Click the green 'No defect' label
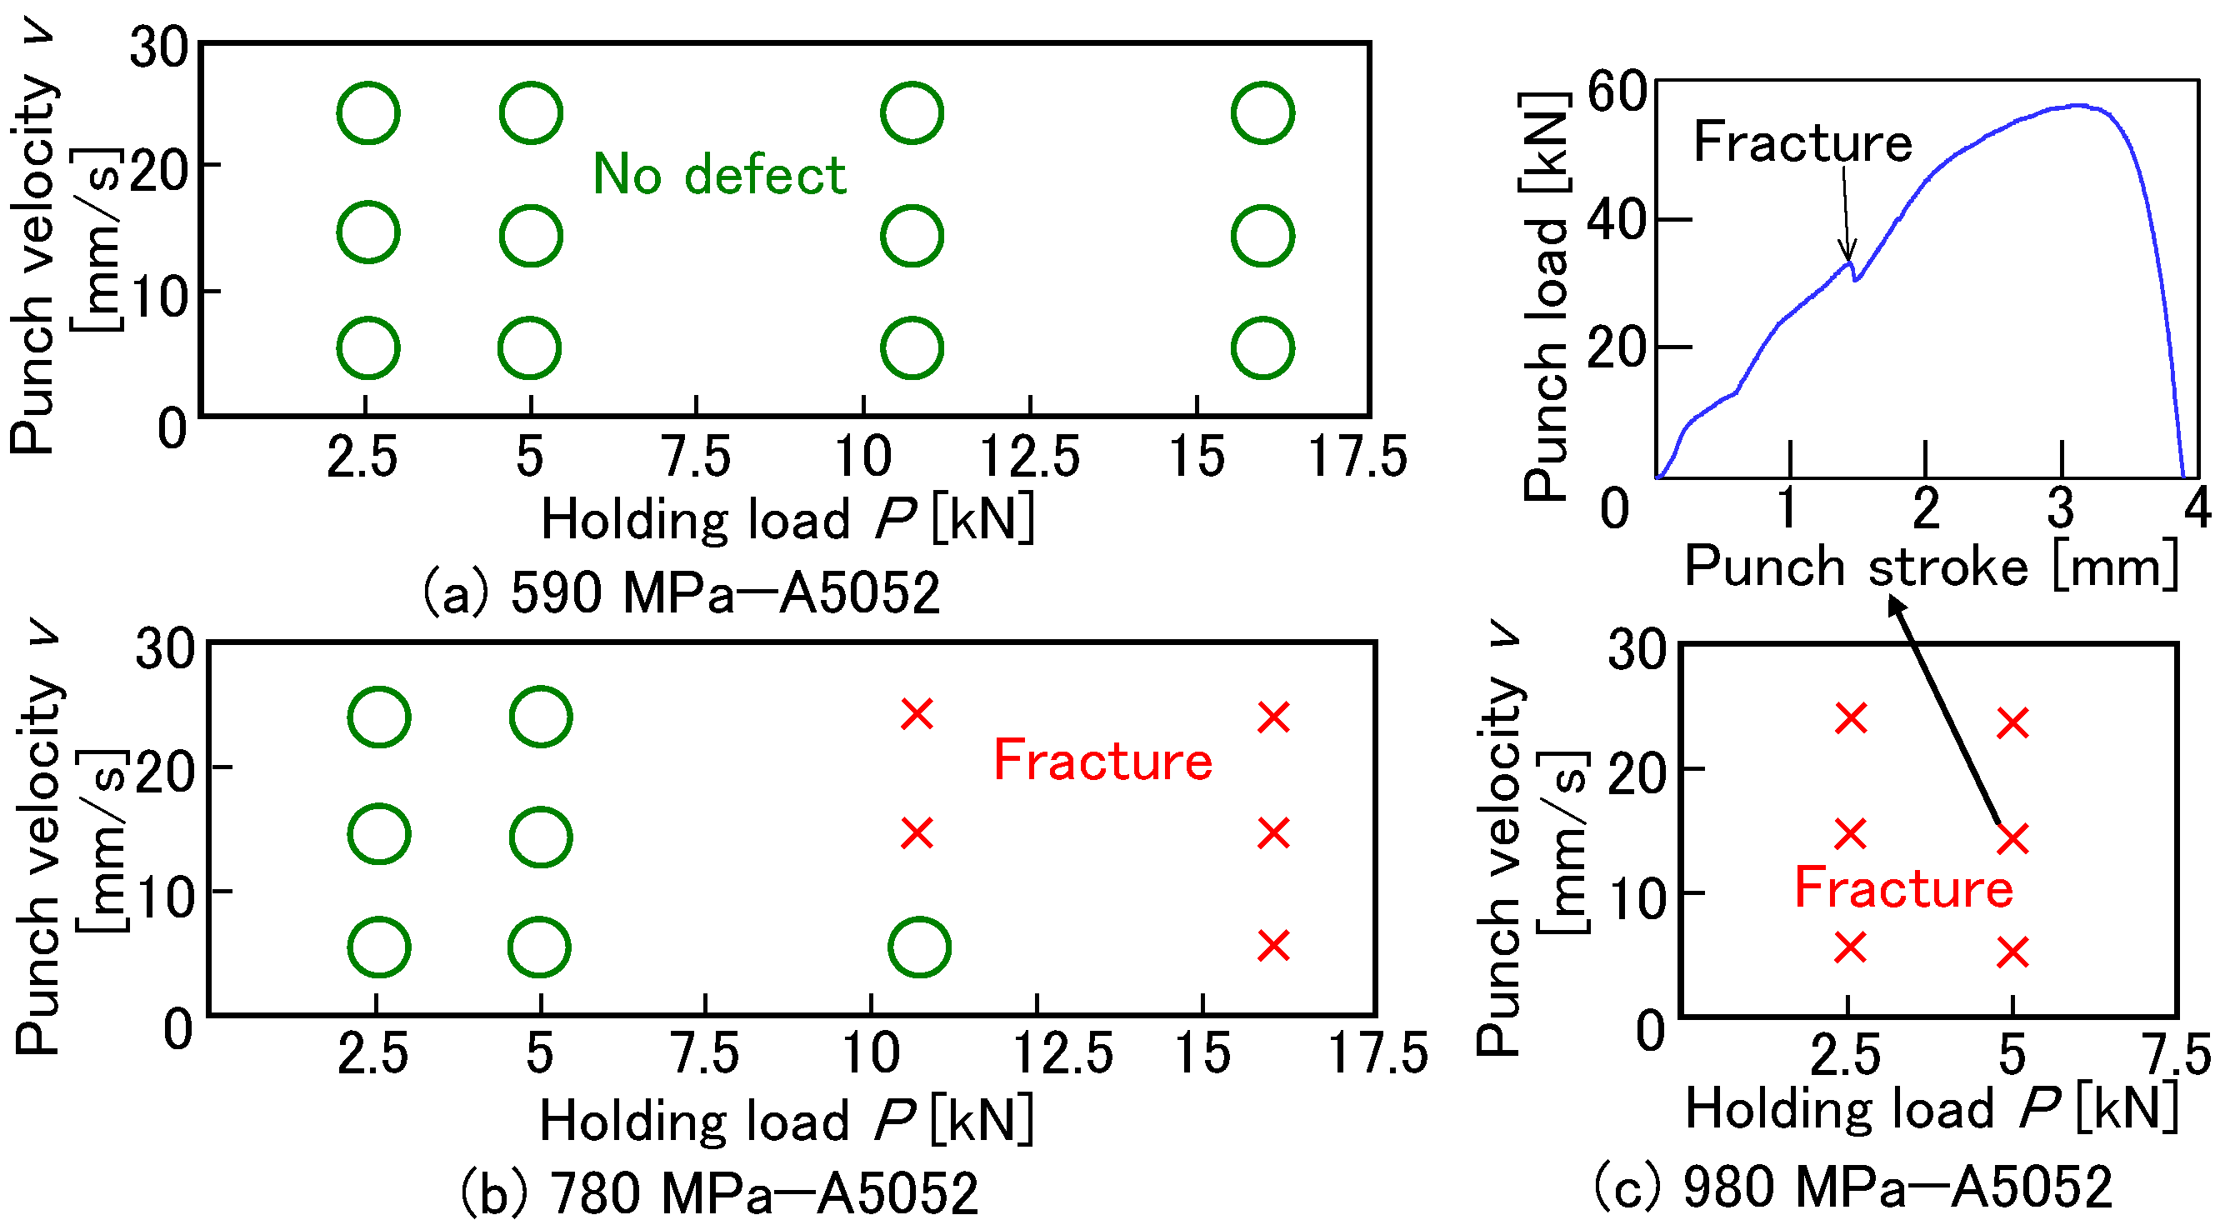(719, 175)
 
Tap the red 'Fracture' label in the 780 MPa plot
(1103, 761)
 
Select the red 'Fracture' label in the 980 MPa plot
(1904, 888)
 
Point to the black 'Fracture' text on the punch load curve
(1802, 142)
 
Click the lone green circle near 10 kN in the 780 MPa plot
(919, 947)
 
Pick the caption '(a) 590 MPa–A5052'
(681, 593)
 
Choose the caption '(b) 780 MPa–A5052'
(718, 1192)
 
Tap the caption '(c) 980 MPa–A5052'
(1852, 1186)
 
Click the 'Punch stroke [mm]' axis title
(1932, 567)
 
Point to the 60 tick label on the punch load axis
(1617, 92)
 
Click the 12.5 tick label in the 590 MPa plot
(1029, 457)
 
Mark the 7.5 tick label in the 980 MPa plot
(2177, 1055)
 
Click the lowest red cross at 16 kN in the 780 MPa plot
(1274, 946)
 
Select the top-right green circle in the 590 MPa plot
(1262, 113)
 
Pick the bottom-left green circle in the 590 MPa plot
(368, 348)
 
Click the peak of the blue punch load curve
(2080, 106)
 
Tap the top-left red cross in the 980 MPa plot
(1851, 718)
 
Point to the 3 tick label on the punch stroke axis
(2061, 507)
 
